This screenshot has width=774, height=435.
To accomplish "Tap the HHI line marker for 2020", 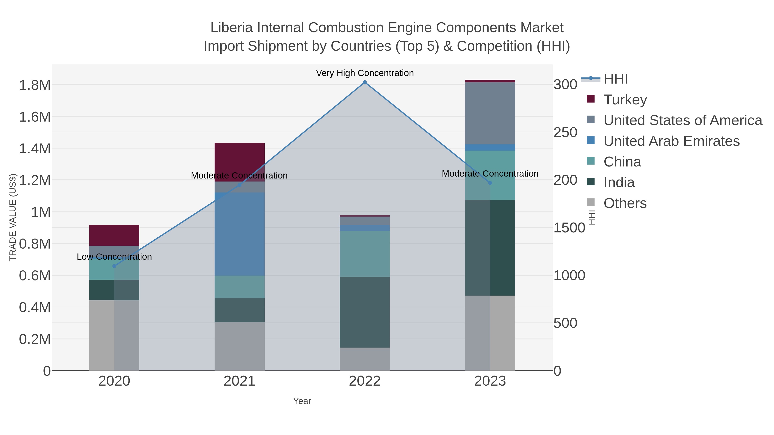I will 114,266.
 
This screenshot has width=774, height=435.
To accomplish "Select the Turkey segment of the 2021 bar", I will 240,159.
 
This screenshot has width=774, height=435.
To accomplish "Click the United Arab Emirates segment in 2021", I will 240,234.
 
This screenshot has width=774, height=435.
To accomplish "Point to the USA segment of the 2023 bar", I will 490,113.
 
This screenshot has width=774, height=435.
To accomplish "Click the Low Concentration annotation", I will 114,257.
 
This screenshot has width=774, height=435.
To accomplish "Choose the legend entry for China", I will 622,162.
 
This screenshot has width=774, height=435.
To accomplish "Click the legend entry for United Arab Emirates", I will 671,141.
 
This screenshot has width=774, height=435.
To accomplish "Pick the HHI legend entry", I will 615,79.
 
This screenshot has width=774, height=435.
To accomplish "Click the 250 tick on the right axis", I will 565,132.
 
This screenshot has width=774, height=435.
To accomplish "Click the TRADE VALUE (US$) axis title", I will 13,217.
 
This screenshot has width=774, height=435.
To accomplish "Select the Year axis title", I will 302,401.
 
